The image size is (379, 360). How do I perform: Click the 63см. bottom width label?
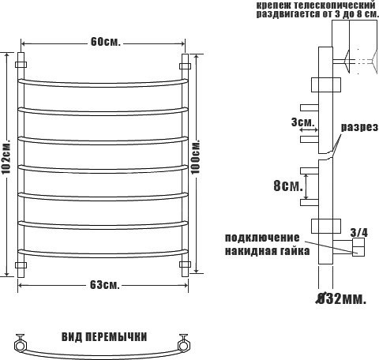(x=103, y=284)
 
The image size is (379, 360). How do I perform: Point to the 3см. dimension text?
(x=302, y=122)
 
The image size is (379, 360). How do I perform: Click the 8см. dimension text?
(x=287, y=186)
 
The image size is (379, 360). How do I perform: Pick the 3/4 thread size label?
(x=358, y=231)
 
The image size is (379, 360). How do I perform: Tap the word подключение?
(x=262, y=238)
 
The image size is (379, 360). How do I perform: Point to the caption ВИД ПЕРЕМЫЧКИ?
(x=103, y=336)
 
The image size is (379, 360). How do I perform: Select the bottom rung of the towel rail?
(x=103, y=251)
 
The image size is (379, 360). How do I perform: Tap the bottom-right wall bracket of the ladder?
(x=186, y=264)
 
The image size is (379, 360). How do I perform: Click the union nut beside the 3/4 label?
(x=358, y=249)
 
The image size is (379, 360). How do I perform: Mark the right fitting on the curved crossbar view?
(x=185, y=343)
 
